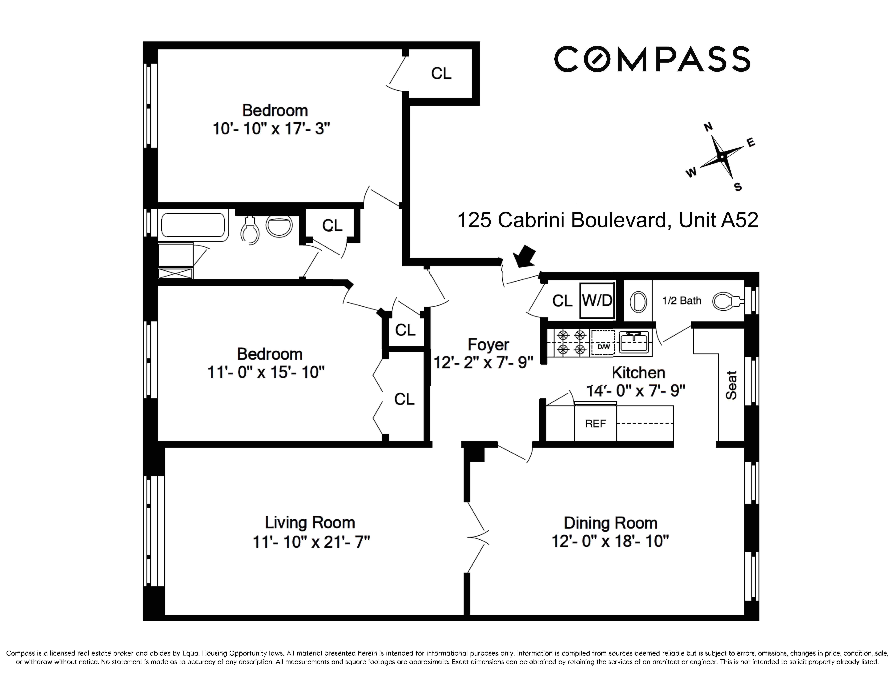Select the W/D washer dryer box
597,301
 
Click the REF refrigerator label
595,423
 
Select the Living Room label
310,523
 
